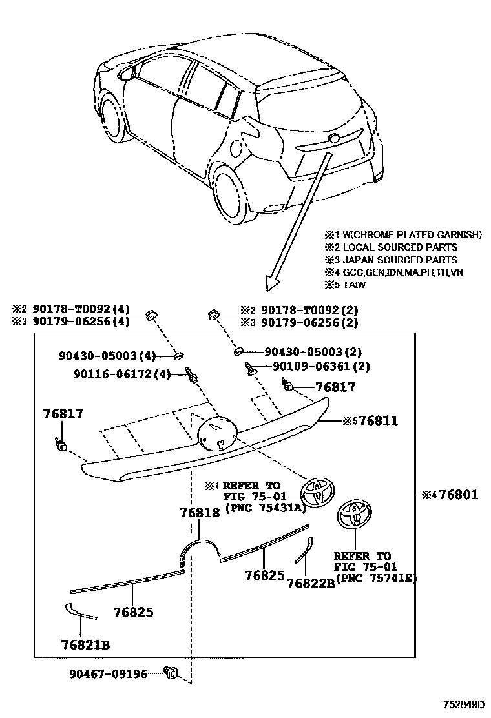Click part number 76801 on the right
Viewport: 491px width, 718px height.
[455, 495]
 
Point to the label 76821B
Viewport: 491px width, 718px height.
[85, 644]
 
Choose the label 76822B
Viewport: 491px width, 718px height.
[311, 583]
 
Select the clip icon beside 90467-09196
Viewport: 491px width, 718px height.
[172, 673]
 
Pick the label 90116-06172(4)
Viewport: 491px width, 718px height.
[114, 374]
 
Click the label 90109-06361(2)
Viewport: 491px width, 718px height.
[312, 366]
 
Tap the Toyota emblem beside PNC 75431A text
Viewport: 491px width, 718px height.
[318, 493]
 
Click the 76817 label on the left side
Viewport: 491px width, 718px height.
[63, 413]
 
